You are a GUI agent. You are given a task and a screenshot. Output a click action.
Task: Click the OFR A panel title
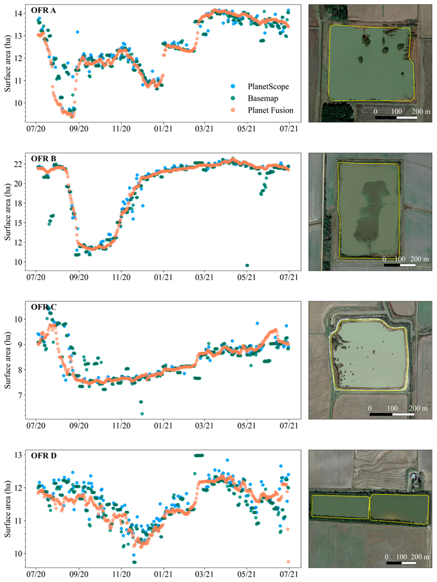tap(43, 11)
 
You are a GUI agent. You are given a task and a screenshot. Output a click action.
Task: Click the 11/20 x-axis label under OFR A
tap(121, 129)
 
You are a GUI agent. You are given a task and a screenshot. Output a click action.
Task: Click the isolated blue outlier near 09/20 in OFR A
tap(78, 32)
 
